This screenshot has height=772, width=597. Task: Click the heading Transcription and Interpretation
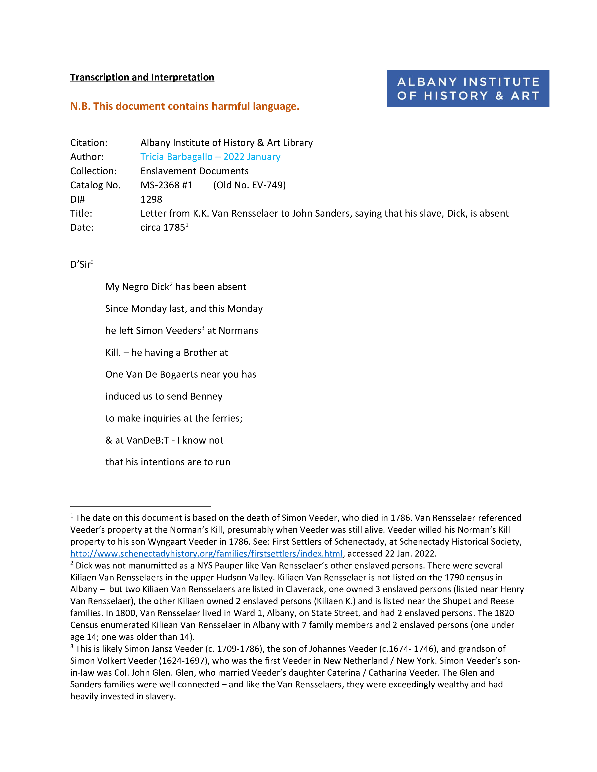(142, 77)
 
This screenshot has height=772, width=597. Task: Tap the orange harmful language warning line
(185, 106)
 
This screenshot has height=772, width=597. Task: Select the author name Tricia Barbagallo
(177, 157)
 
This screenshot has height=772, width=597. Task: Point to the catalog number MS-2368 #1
(167, 185)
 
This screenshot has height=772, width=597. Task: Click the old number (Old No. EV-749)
(249, 185)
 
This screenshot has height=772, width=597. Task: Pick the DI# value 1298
(151, 199)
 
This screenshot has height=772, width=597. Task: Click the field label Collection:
(93, 171)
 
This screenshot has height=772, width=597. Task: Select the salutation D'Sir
(81, 264)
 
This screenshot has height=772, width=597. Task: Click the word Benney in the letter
(206, 396)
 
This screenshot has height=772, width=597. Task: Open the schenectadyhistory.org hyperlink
(206, 554)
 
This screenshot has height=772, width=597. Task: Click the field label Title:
(81, 214)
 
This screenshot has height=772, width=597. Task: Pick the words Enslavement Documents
(195, 171)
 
